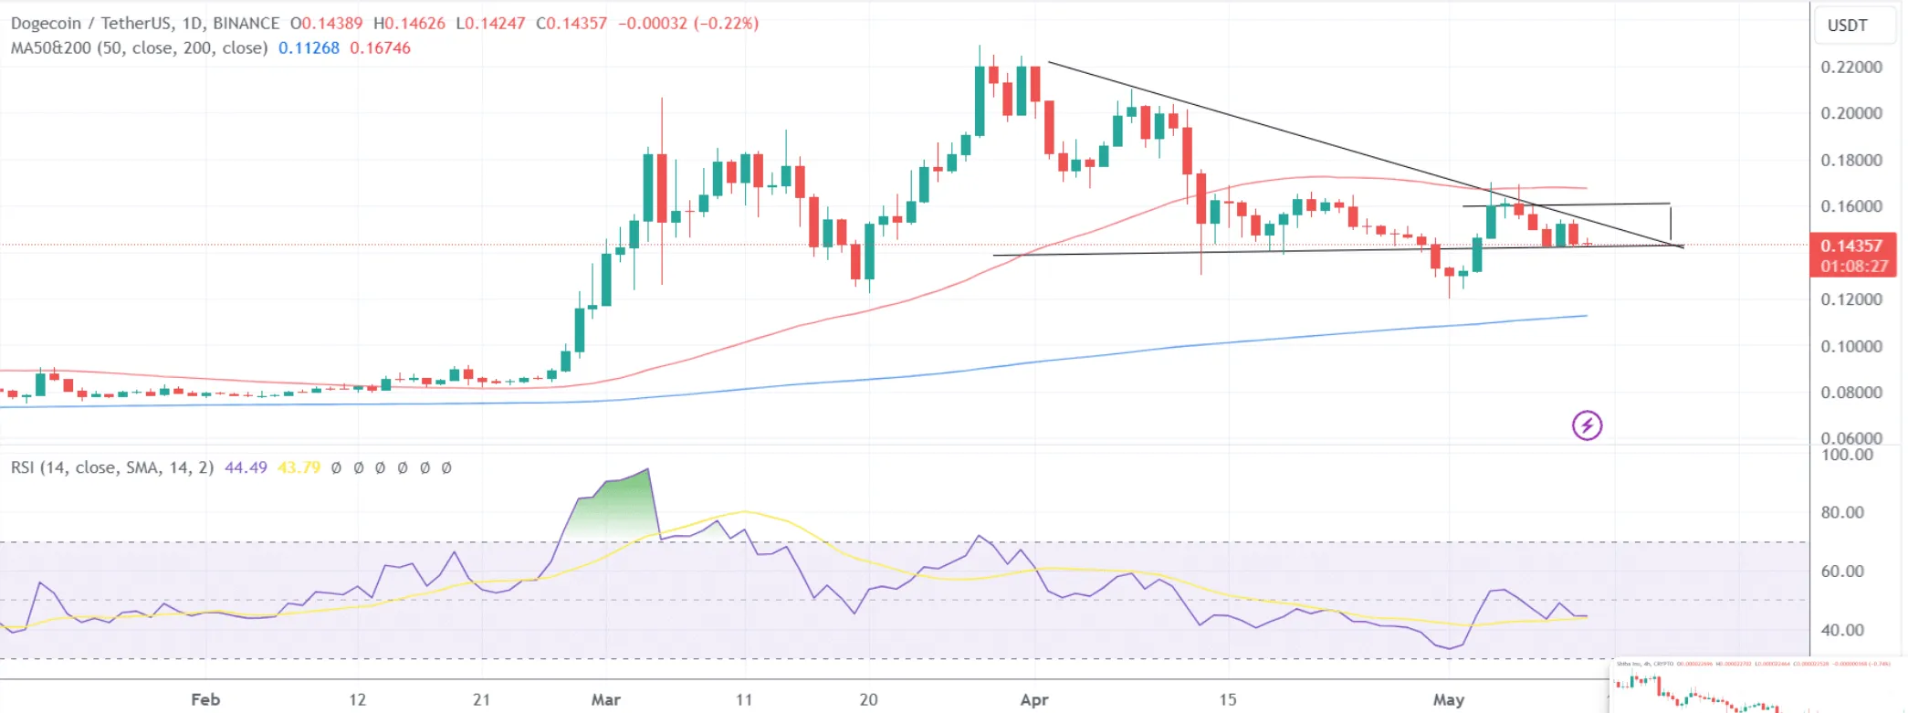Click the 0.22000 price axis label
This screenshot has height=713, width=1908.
pos(1850,67)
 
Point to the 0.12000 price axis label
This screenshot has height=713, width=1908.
pos(1850,299)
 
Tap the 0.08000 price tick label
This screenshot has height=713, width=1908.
pos(1850,393)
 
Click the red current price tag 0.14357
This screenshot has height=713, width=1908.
pos(1850,246)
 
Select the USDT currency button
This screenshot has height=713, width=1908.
pos(1847,26)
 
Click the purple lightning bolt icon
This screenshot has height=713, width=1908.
pos(1587,425)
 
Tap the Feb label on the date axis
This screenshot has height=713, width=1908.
pos(205,699)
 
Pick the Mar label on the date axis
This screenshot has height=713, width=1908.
pos(605,699)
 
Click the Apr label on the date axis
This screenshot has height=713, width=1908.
pos(1033,699)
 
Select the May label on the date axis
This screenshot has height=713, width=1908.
pos(1448,699)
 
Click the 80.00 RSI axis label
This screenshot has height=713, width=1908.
pos(1841,512)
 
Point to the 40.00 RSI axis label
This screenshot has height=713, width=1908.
pos(1841,630)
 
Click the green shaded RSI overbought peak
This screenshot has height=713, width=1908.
pos(621,507)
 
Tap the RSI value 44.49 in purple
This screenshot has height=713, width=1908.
pos(246,467)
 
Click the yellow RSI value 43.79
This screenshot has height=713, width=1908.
pos(299,467)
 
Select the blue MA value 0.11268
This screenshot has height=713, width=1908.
pos(309,47)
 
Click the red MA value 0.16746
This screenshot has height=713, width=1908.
pos(380,47)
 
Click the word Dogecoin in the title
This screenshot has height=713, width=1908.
pos(46,23)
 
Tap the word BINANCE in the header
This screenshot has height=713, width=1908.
pos(246,23)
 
